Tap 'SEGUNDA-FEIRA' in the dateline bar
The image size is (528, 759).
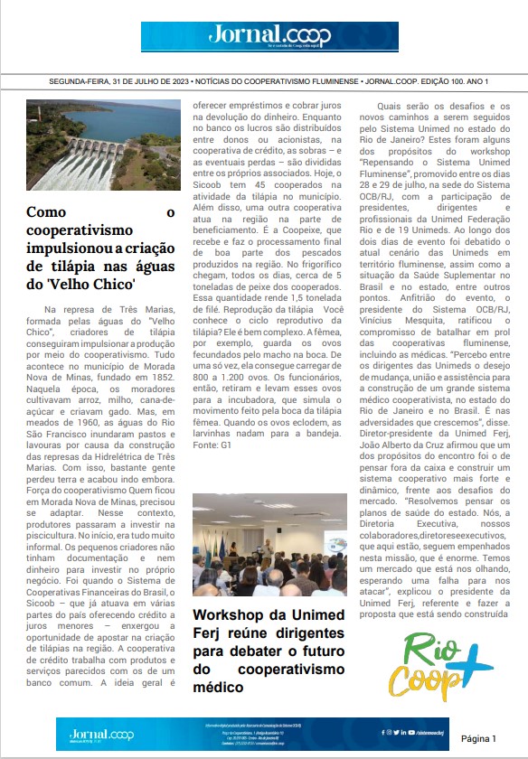coord(81,81)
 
